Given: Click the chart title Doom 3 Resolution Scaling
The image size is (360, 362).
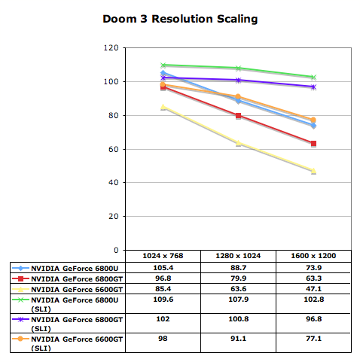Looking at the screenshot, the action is pos(180,19).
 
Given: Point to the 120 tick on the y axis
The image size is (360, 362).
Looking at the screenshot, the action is pos(111,47).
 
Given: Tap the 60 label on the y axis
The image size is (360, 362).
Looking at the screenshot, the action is pos(114,149).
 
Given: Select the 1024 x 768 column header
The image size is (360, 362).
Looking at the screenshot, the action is pos(163,256).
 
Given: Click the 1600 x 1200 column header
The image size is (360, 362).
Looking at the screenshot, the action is pos(313,256).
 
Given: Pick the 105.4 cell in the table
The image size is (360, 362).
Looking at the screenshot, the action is pos(163,268).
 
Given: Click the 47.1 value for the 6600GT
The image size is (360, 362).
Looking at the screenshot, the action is pos(313,289).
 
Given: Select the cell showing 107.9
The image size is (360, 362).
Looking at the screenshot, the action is pos(238,300).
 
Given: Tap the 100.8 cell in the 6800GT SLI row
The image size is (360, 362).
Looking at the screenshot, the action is pos(238,319).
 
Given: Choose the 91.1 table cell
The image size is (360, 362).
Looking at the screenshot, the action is pos(238,339).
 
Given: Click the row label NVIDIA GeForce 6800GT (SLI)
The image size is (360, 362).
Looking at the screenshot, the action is pos(77,324).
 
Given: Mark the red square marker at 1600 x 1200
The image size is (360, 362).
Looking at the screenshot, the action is pos(313,144).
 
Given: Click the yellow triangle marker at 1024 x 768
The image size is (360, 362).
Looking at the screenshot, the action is pos(163,107).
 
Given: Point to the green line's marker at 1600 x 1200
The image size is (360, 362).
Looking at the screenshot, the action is pos(313,77).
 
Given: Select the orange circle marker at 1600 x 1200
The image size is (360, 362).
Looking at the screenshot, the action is pos(313,120).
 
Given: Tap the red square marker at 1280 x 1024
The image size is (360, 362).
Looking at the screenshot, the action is pos(238,116).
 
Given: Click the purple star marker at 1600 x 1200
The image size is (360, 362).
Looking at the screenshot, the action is pos(313,87).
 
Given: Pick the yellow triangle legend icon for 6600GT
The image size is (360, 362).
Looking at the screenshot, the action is pos(20,289).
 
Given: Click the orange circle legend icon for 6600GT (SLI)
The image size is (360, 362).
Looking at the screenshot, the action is pos(20,339).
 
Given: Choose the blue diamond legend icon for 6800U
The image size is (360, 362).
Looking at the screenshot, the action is pos(20,268).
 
